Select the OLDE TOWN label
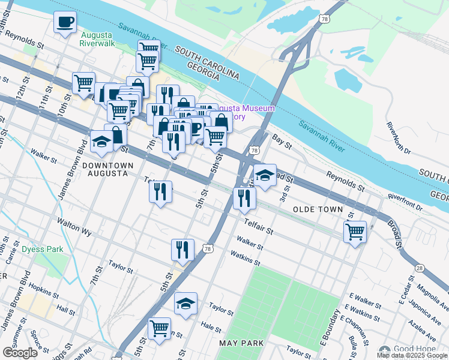tap(318, 209)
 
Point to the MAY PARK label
tap(239, 343)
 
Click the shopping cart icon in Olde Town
tap(355, 231)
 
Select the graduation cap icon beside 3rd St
tap(265, 175)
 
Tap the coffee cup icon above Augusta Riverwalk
tap(65, 22)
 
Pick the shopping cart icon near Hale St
tap(159, 328)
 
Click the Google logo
tap(20, 353)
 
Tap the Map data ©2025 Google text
tap(411, 355)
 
